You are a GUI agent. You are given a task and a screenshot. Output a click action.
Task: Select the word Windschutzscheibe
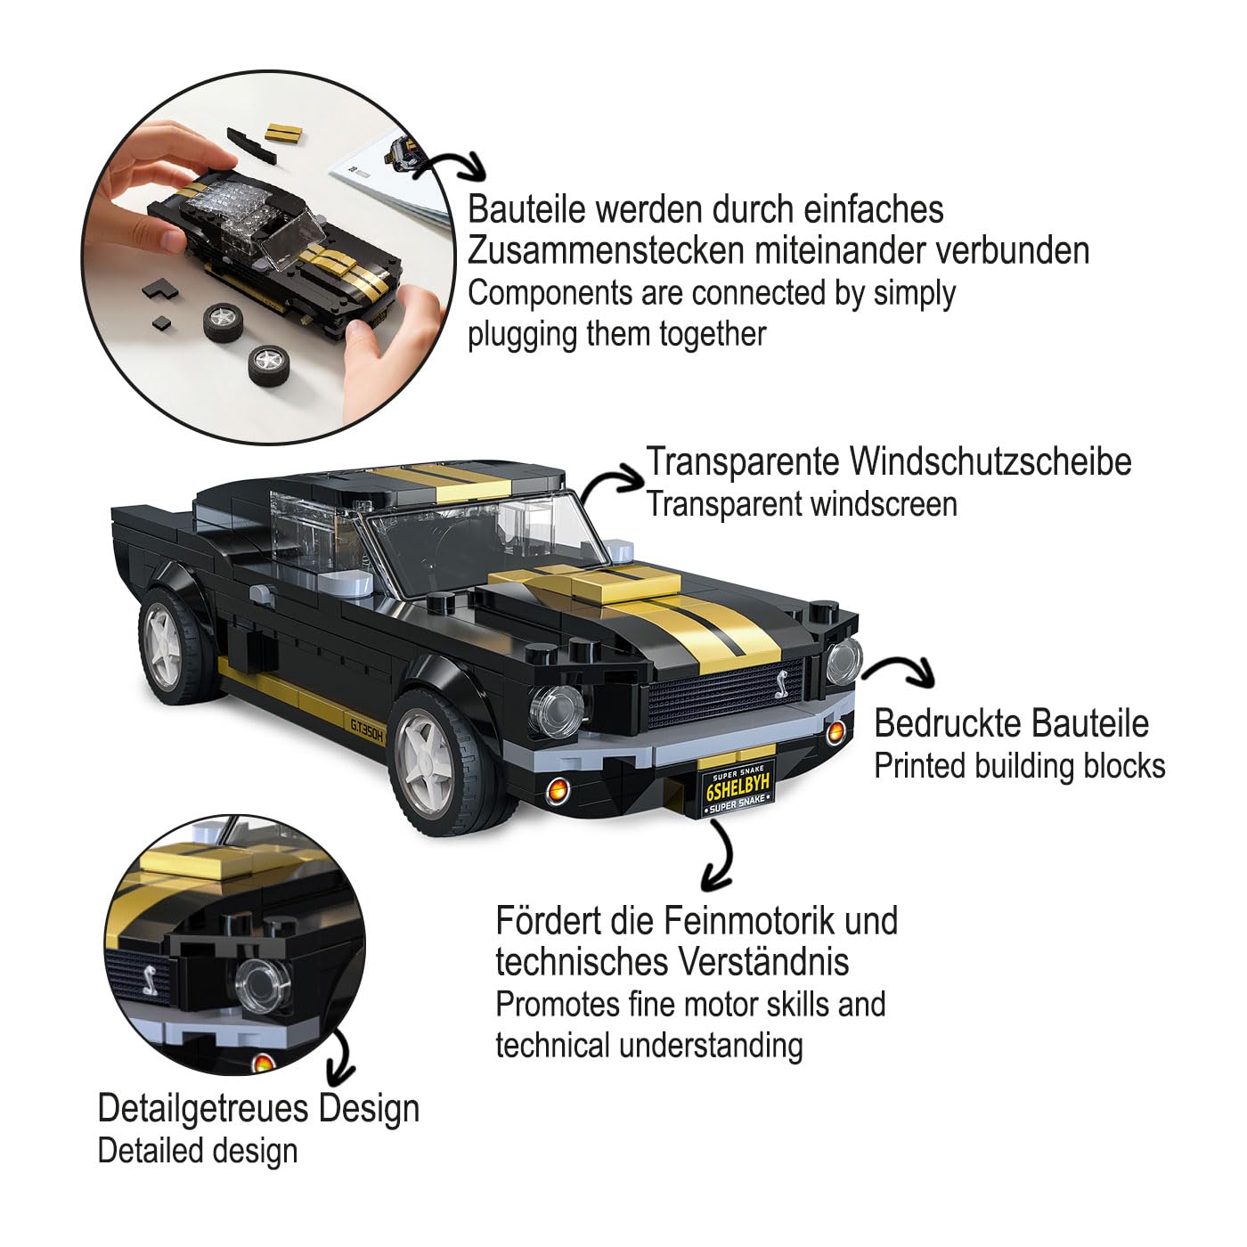tap(990, 462)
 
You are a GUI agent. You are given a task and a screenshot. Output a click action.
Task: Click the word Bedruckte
tap(952, 723)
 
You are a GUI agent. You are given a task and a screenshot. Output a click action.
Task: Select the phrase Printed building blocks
tap(1019, 766)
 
